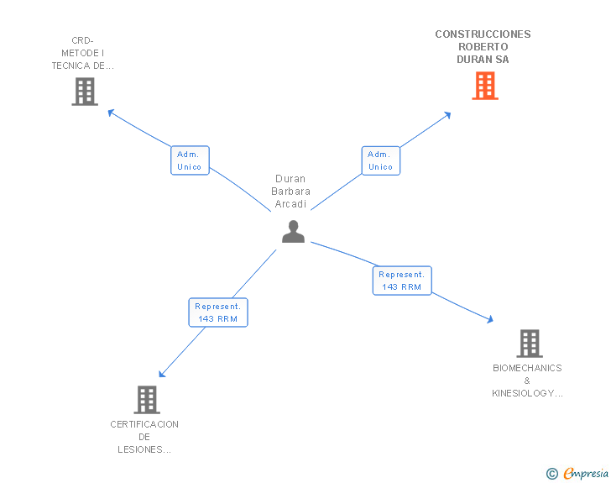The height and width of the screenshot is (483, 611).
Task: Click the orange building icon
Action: [x=485, y=86]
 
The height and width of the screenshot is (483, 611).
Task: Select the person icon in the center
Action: [x=293, y=232]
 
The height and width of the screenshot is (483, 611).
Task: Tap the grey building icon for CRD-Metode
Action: [x=85, y=92]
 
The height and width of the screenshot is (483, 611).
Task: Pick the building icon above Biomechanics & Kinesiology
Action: [x=529, y=344]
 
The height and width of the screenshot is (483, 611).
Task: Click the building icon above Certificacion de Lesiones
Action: [x=147, y=400]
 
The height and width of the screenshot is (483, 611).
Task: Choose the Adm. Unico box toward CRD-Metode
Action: [x=190, y=160]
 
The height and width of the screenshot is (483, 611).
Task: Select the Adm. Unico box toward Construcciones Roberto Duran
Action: [x=380, y=160]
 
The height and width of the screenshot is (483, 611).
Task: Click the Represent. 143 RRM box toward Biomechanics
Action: [x=402, y=281]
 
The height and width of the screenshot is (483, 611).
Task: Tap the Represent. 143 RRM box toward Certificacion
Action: [x=218, y=312]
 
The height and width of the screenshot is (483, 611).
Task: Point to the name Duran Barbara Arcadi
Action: [x=290, y=192]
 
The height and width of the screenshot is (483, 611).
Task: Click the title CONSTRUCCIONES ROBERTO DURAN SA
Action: [x=483, y=47]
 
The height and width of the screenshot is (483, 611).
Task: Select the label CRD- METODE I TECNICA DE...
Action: [x=82, y=53]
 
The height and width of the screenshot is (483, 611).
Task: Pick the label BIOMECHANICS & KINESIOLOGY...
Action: [x=527, y=381]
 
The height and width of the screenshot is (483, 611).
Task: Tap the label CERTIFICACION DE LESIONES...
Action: [x=144, y=437]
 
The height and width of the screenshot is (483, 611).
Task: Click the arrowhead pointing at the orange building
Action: [x=448, y=114]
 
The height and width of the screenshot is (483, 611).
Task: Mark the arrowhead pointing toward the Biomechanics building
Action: [x=489, y=319]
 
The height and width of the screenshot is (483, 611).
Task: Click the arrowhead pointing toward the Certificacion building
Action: [x=162, y=374]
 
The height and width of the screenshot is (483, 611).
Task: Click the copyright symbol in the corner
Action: [x=551, y=474]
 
